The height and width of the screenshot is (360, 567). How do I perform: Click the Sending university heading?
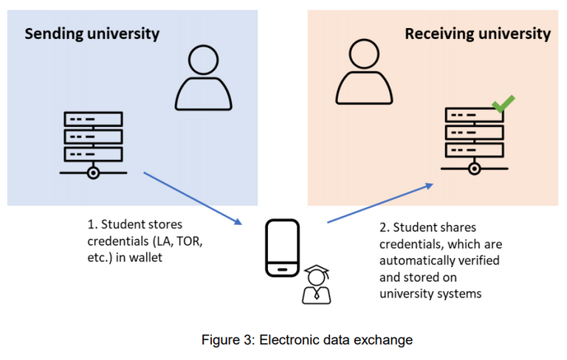(x=92, y=33)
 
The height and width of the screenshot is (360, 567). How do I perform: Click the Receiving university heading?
(x=477, y=33)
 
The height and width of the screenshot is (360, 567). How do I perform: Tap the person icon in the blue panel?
(x=202, y=78)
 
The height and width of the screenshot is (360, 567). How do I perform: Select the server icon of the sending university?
(x=93, y=145)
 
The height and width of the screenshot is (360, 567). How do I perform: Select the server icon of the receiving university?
(x=473, y=141)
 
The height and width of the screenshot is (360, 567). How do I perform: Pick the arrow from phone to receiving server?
(x=379, y=203)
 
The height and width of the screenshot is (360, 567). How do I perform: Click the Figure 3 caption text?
(x=306, y=340)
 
